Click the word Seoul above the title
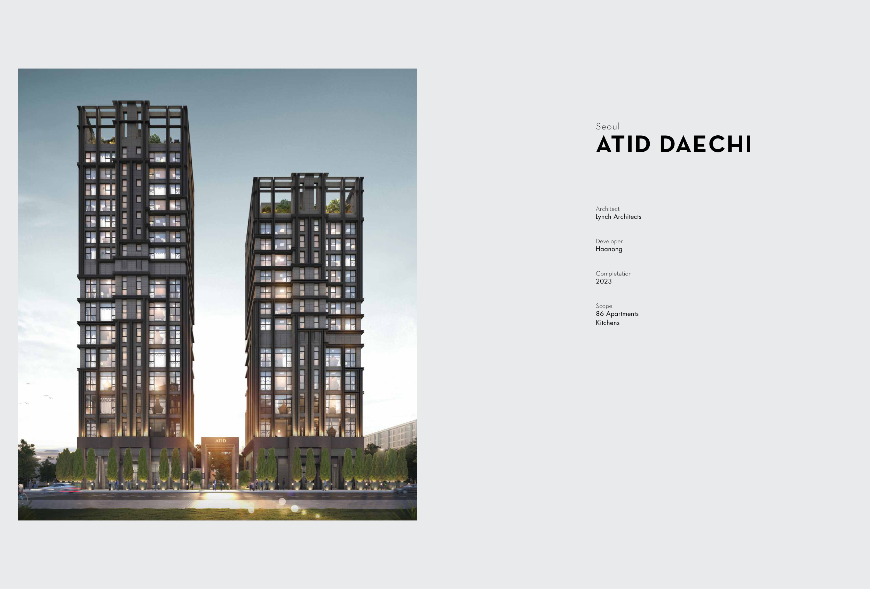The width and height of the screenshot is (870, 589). pyautogui.click(x=608, y=127)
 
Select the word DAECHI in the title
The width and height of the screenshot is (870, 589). pyautogui.click(x=706, y=144)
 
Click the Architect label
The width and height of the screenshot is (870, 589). pyautogui.click(x=608, y=209)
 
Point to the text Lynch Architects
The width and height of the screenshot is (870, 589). pyautogui.click(x=618, y=217)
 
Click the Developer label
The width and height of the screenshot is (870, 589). pyautogui.click(x=609, y=241)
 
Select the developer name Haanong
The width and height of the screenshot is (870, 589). pyautogui.click(x=609, y=249)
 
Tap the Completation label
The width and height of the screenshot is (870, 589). pyautogui.click(x=614, y=273)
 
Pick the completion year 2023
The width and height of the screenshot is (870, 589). pyautogui.click(x=604, y=281)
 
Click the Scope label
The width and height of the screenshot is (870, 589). pyautogui.click(x=604, y=306)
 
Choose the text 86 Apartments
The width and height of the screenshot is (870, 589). pyautogui.click(x=617, y=314)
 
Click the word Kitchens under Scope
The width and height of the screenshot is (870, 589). pyautogui.click(x=608, y=323)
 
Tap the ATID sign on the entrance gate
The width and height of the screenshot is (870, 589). pyautogui.click(x=221, y=441)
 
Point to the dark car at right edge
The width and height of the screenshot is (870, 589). pyautogui.click(x=406, y=488)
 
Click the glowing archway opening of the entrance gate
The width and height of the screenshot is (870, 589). pyautogui.click(x=220, y=468)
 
